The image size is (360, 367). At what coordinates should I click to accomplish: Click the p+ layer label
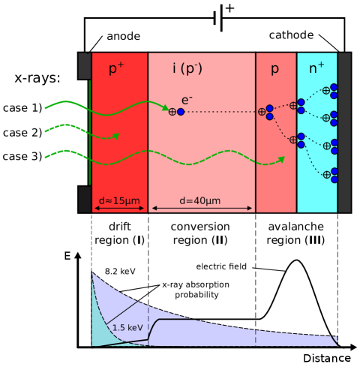pyautogui.click(x=116, y=69)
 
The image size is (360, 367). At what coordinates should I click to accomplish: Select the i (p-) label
pyautogui.click(x=187, y=69)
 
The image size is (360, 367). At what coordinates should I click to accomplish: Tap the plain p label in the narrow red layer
pyautogui.click(x=274, y=69)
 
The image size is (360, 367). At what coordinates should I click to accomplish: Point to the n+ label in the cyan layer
pyautogui.click(x=316, y=68)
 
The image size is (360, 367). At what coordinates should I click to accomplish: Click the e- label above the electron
pyautogui.click(x=187, y=100)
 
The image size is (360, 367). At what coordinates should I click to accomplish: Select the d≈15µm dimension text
pyautogui.click(x=119, y=200)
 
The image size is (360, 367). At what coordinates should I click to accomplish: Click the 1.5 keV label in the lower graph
pyautogui.click(x=127, y=328)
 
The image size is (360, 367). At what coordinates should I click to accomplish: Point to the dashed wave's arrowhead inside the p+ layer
pyautogui.click(x=116, y=136)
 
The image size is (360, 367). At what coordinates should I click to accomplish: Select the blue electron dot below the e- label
pyautogui.click(x=181, y=112)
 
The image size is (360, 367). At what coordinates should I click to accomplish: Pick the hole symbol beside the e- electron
pyautogui.click(x=172, y=112)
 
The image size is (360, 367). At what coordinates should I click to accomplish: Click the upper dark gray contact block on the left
pyautogui.click(x=85, y=65)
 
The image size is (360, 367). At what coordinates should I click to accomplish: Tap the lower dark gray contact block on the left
pyautogui.click(x=85, y=199)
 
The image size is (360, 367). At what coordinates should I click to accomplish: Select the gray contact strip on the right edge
pyautogui.click(x=344, y=132)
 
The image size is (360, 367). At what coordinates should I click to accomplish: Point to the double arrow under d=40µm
pyautogui.click(x=202, y=209)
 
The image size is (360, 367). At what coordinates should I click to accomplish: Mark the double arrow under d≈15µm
pyautogui.click(x=119, y=209)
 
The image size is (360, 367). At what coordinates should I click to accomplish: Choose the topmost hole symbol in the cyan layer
pyautogui.click(x=325, y=91)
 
